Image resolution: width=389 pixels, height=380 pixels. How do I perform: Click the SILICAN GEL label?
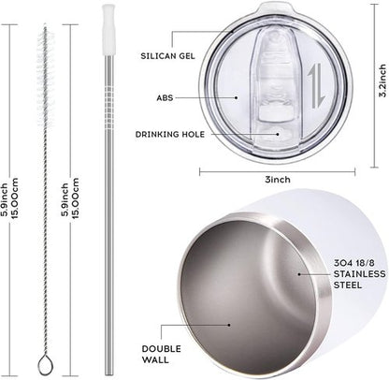click(x=167, y=56)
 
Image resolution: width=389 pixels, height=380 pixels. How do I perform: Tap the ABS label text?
click(x=165, y=98)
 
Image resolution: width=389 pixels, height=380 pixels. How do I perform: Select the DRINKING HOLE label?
click(x=170, y=135)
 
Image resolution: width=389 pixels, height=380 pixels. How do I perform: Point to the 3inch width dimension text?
click(x=278, y=180)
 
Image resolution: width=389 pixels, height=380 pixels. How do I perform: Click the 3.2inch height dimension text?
click(x=382, y=80)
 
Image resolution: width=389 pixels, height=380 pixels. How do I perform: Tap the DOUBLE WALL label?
click(x=161, y=354)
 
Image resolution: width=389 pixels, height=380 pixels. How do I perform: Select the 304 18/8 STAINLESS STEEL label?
click(x=359, y=274)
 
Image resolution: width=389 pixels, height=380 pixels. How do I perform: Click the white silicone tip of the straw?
click(x=108, y=30)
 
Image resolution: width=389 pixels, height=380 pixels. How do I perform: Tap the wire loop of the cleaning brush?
click(x=45, y=365)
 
